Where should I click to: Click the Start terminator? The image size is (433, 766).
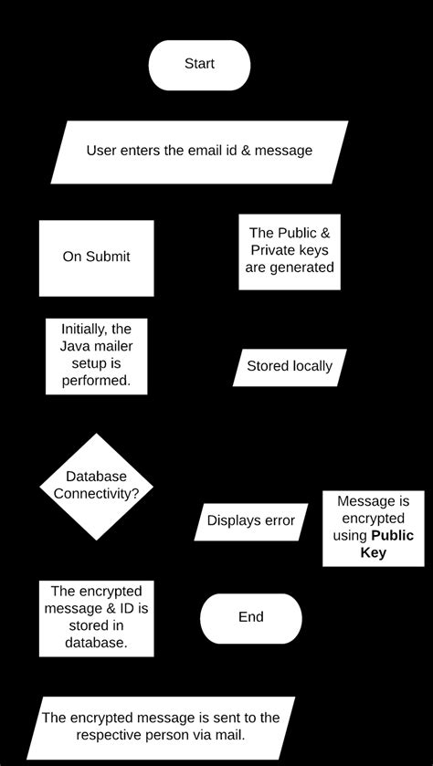pos(199,65)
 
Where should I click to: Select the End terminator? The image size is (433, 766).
pos(250,618)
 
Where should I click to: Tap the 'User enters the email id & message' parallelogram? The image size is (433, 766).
pos(199,152)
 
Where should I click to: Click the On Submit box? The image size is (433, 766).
pos(96,257)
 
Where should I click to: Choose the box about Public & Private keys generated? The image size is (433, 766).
pos(290,251)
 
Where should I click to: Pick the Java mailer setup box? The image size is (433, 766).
pos(96,356)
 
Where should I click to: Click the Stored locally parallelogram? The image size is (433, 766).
pos(290,367)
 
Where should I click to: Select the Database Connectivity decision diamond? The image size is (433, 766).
pos(96,486)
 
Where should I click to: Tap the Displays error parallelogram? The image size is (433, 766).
pos(250,521)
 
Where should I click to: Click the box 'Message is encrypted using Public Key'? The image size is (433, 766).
pos(373,528)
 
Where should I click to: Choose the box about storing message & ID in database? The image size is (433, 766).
pos(96,618)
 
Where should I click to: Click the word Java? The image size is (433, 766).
pos(77,345)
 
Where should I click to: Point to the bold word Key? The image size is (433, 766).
pos(373,552)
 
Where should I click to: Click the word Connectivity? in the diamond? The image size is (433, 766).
pos(96,494)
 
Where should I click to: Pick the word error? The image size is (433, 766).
pos(277,521)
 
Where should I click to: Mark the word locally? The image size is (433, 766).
pos(312,367)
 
